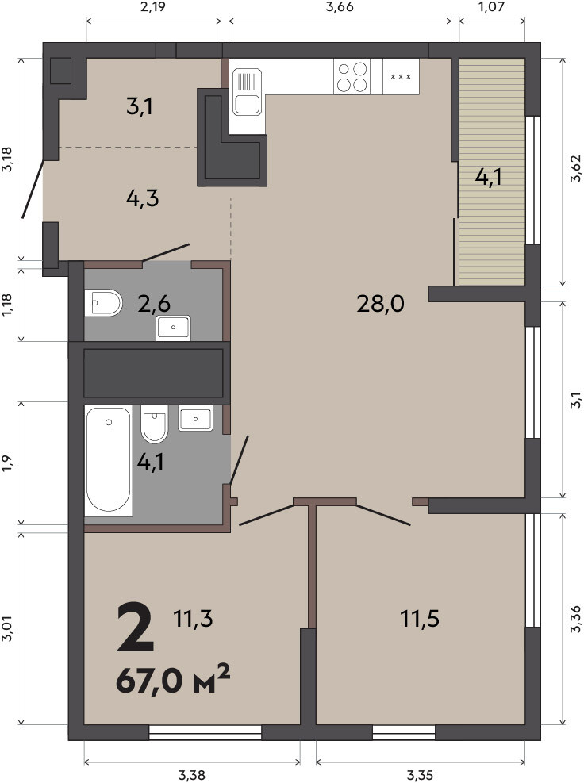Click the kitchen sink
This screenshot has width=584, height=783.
(248, 92)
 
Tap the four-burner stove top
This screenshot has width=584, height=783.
(352, 77)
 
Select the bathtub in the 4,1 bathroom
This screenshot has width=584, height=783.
(109, 460)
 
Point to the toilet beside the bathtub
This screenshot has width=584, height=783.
(154, 424)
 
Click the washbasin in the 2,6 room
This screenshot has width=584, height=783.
(173, 328)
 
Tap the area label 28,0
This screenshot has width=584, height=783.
(380, 304)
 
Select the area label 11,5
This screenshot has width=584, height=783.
(420, 619)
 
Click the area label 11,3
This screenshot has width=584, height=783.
(194, 619)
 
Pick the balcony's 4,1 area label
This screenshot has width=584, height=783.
(488, 177)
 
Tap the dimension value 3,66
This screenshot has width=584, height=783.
(340, 7)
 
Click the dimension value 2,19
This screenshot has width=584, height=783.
(153, 7)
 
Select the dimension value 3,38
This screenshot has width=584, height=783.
(192, 774)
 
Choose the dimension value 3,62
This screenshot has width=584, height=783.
(575, 168)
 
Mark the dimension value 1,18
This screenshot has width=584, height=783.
(7, 305)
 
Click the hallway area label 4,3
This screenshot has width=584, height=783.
(142, 198)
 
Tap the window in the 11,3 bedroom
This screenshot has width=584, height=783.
(206, 732)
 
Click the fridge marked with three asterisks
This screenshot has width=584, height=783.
(401, 76)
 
